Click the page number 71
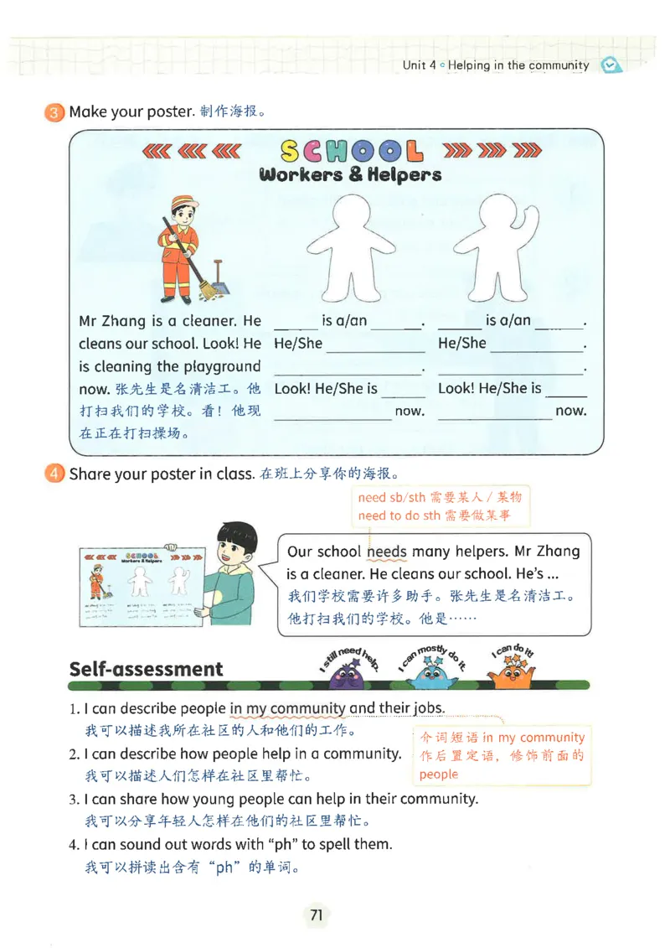coord(316,914)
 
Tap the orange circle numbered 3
coord(54,112)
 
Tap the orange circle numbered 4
coord(54,474)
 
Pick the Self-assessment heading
coord(146,669)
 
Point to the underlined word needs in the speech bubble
coord(387,552)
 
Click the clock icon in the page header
coord(611,65)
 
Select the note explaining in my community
coord(502,755)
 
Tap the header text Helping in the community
coord(518,65)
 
